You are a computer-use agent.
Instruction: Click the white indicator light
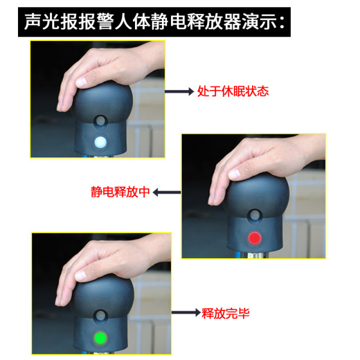[101, 141]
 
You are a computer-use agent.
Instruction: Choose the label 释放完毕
[225, 312]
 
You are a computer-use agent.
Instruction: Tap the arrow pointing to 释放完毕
[186, 312]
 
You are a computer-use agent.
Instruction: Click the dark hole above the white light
[101, 120]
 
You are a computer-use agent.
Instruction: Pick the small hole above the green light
[102, 315]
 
